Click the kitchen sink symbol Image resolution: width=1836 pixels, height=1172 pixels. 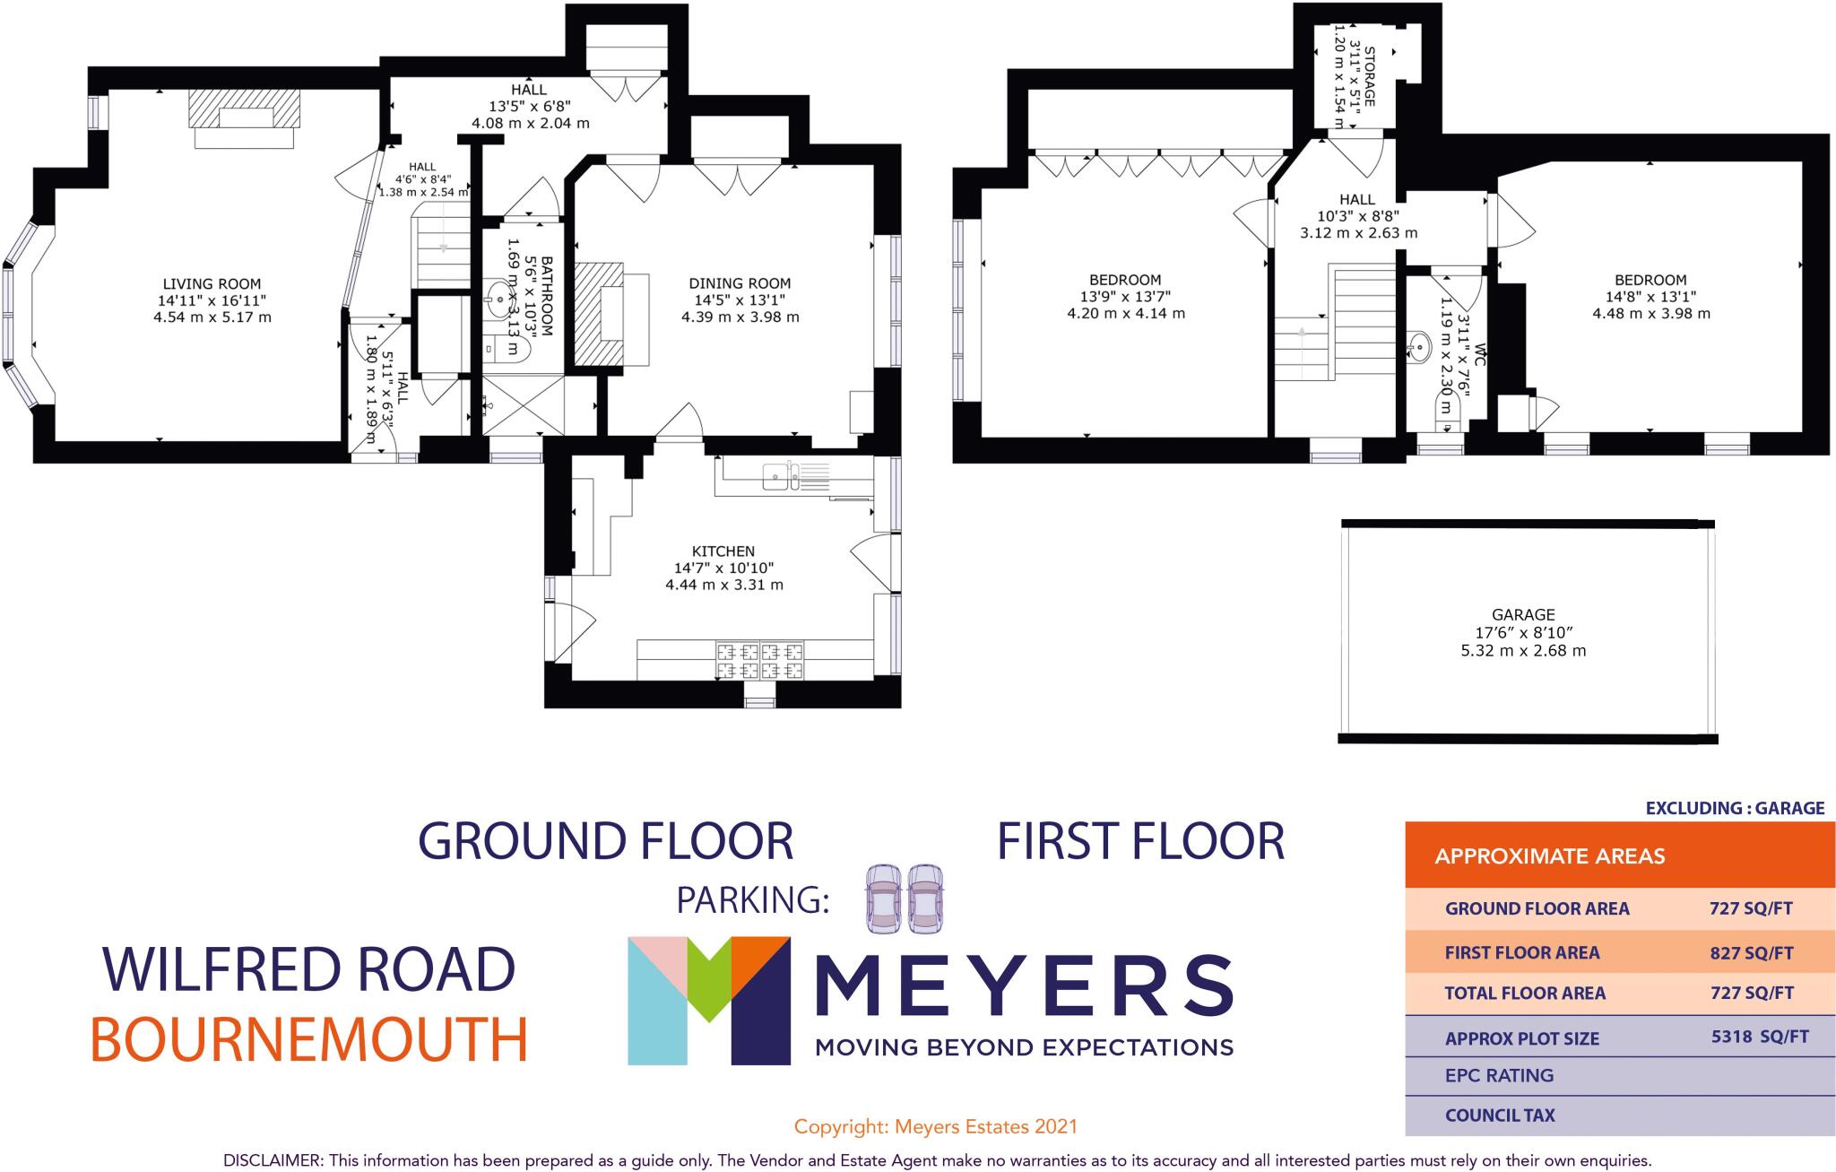click(x=781, y=477)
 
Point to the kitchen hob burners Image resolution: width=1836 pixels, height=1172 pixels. click(x=759, y=661)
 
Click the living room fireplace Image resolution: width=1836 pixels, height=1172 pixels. click(x=244, y=119)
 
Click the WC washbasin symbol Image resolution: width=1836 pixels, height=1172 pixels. click(x=1420, y=345)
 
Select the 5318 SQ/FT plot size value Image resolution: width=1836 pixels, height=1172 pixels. click(x=1760, y=1037)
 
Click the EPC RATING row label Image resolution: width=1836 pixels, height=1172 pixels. click(x=1499, y=1075)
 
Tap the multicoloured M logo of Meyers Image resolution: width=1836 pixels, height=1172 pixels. click(x=708, y=1000)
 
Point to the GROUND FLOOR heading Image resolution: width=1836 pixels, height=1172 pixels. click(x=606, y=841)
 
